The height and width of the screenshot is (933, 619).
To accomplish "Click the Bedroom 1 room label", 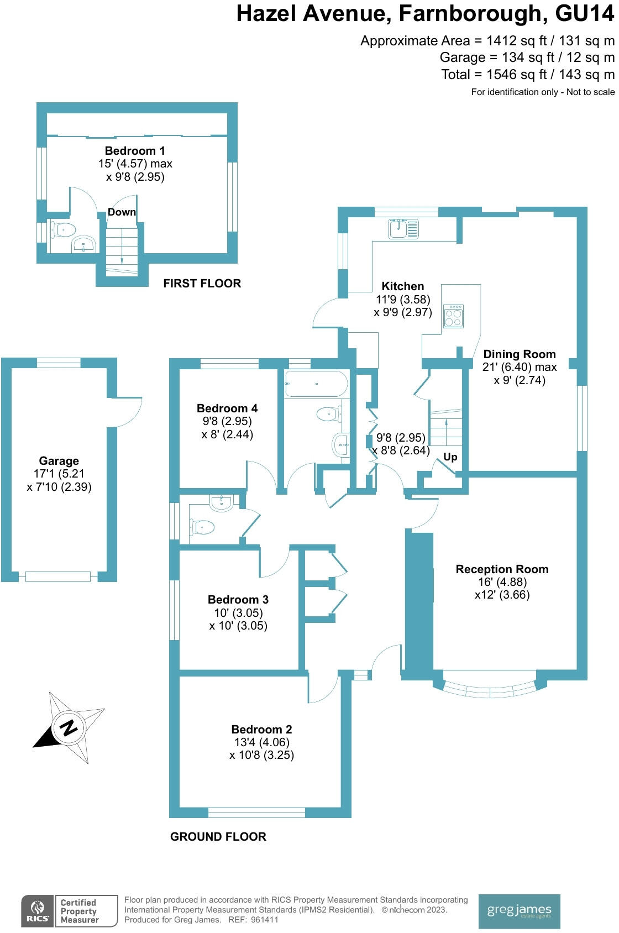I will pyautogui.click(x=135, y=151).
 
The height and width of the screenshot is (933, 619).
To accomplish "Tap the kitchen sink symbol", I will pyautogui.click(x=403, y=228).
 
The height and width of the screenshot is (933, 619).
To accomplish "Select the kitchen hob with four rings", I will pyautogui.click(x=453, y=316).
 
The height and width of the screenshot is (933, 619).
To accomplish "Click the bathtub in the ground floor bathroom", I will pyautogui.click(x=316, y=384).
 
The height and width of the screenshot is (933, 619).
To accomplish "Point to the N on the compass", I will pyautogui.click(x=69, y=727).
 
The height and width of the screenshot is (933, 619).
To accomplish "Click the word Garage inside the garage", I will pyautogui.click(x=59, y=461).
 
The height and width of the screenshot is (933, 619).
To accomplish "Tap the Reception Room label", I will pyautogui.click(x=502, y=569).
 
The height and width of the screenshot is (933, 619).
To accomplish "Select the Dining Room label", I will pyautogui.click(x=520, y=354).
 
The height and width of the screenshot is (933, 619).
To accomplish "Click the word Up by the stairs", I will pyautogui.click(x=450, y=457).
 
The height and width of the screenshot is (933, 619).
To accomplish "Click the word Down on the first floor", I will pyautogui.click(x=122, y=212).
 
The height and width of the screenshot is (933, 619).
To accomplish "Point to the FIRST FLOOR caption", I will pyautogui.click(x=202, y=284).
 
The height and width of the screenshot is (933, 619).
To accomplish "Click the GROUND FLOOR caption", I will pyautogui.click(x=218, y=837).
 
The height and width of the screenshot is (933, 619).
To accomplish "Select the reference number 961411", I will pyautogui.click(x=265, y=920).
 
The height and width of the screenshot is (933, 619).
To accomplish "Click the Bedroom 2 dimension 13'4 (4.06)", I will pyautogui.click(x=261, y=742).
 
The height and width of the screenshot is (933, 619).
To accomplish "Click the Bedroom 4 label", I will pyautogui.click(x=227, y=408).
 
